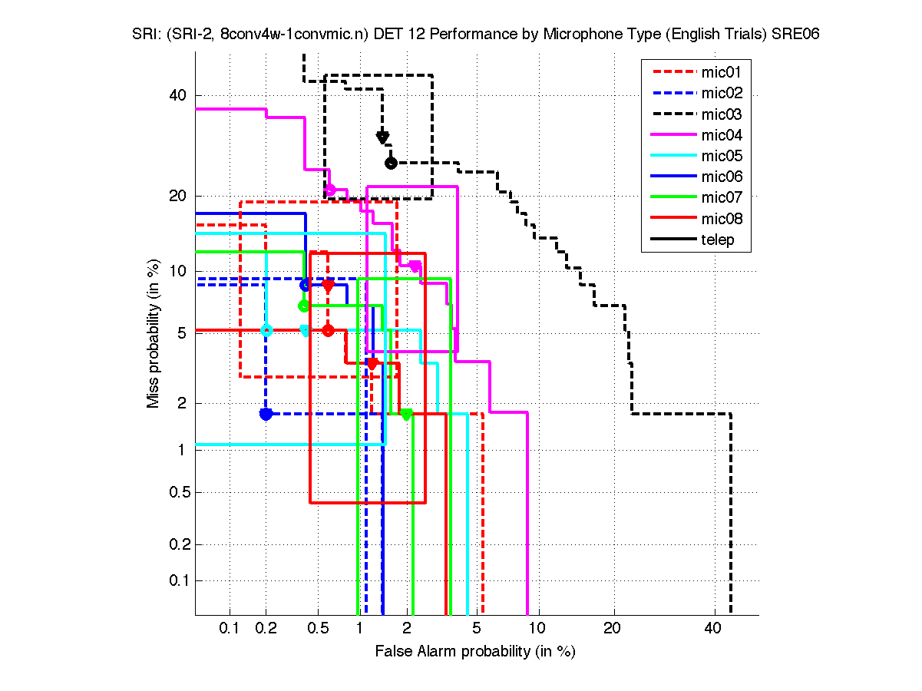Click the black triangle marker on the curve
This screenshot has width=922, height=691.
(x=382, y=137)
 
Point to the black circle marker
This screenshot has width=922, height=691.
(x=391, y=163)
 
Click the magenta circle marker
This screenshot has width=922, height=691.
(x=330, y=189)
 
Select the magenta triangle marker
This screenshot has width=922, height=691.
(x=415, y=266)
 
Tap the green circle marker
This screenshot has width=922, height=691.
(x=303, y=306)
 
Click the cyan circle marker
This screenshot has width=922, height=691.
(x=266, y=330)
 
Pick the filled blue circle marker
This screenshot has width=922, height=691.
(x=266, y=414)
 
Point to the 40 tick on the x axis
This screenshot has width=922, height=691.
(x=712, y=628)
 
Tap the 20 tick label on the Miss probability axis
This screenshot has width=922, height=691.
(x=177, y=195)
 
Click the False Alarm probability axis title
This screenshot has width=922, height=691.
(x=475, y=652)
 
